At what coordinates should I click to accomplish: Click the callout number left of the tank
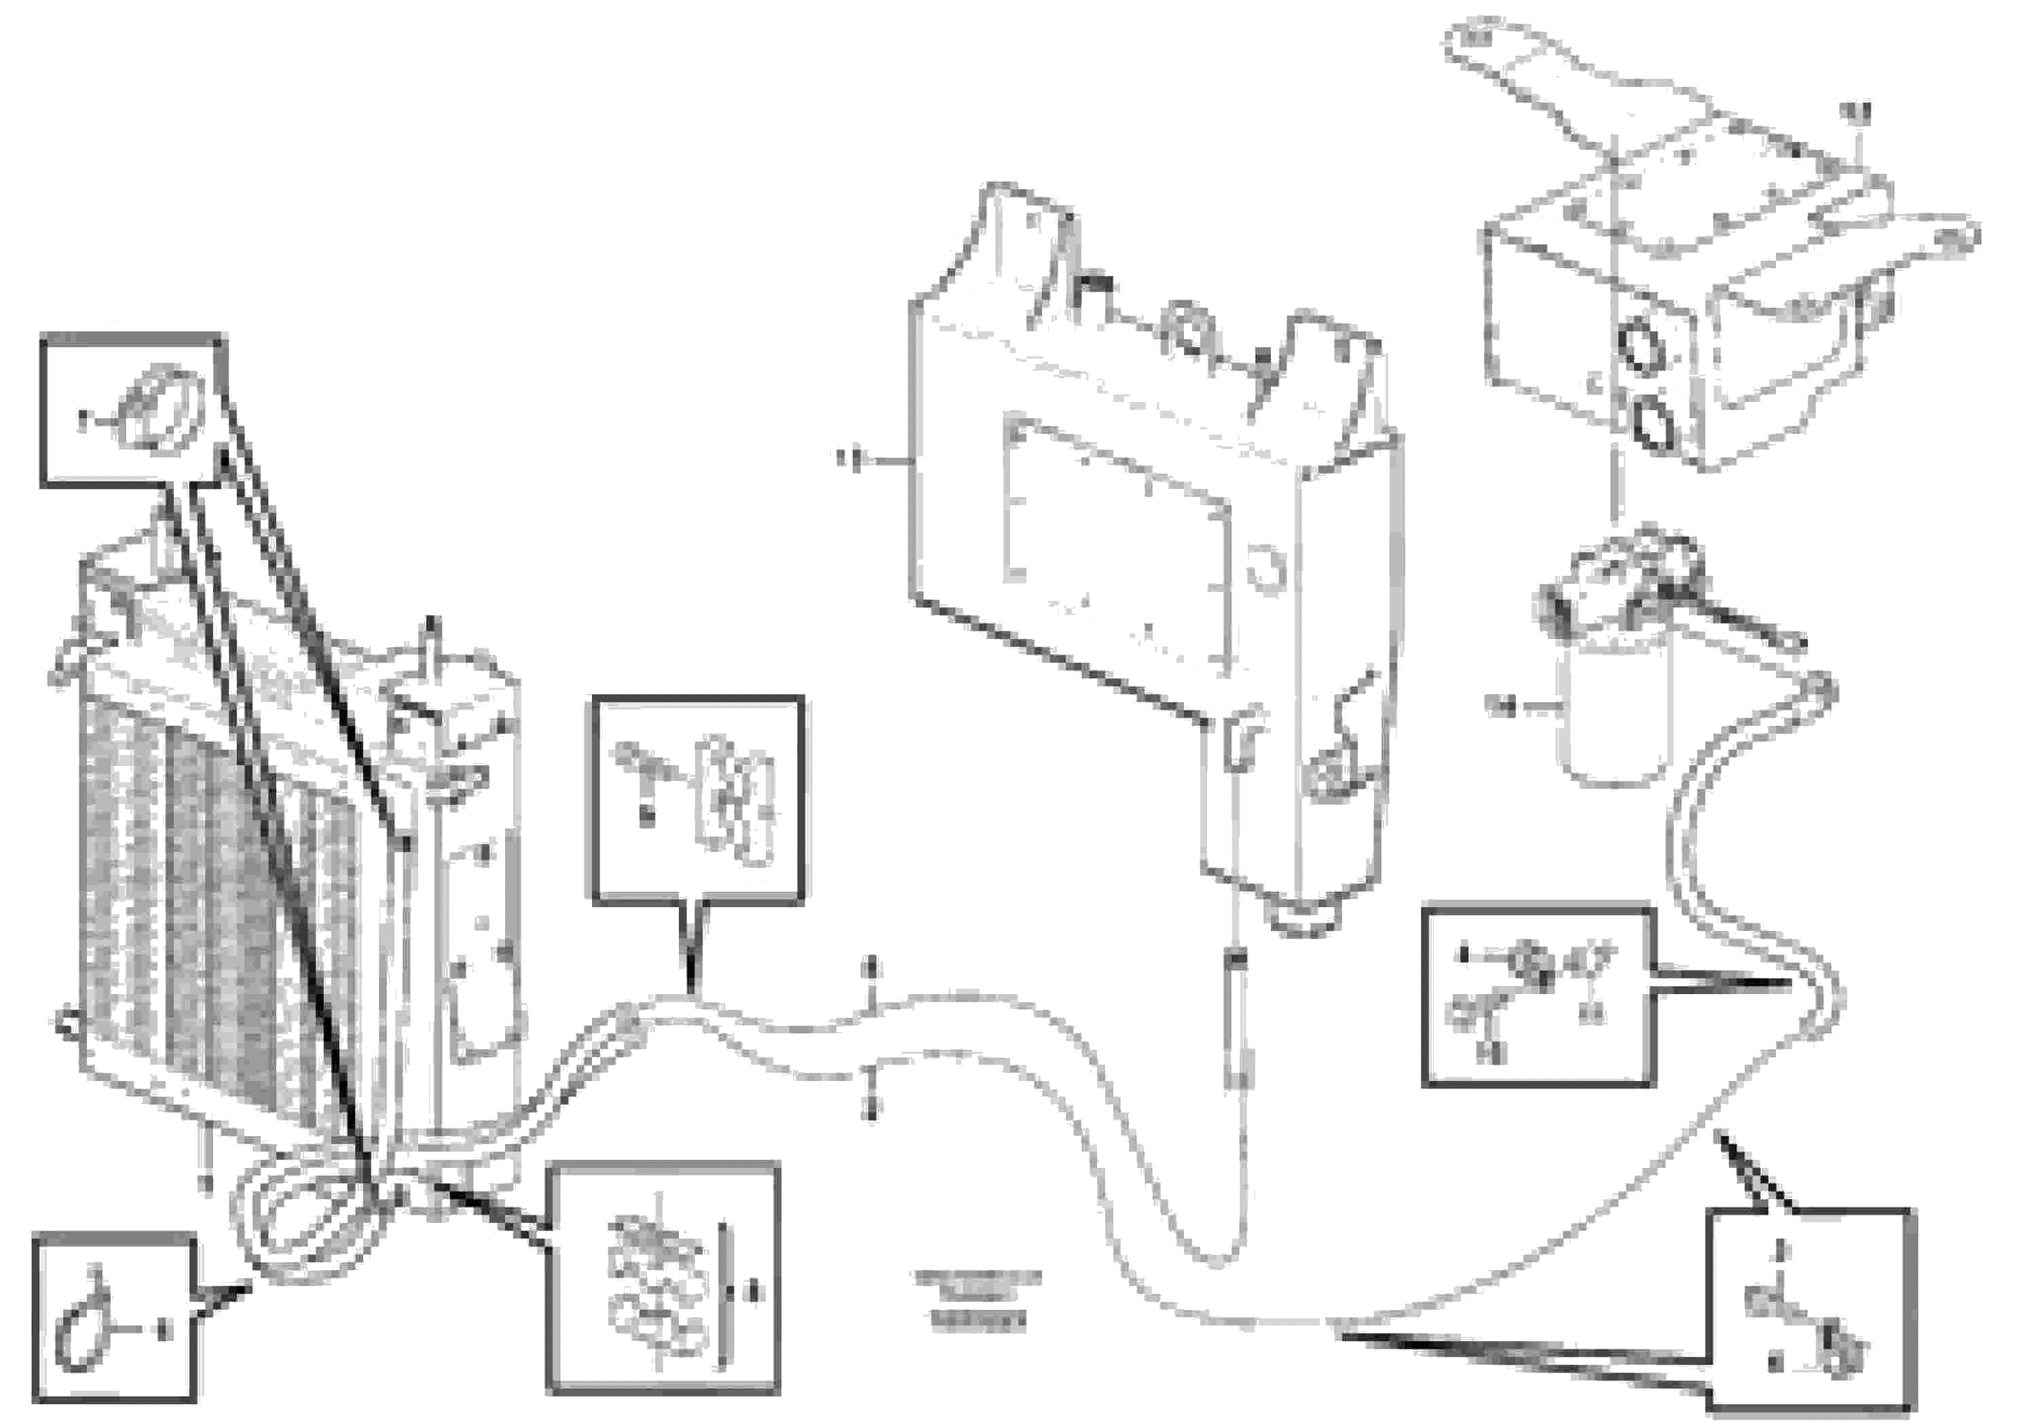[x=849, y=459]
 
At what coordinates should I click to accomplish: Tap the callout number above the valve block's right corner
[x=1855, y=112]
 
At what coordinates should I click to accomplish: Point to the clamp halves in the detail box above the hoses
[x=736, y=801]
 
